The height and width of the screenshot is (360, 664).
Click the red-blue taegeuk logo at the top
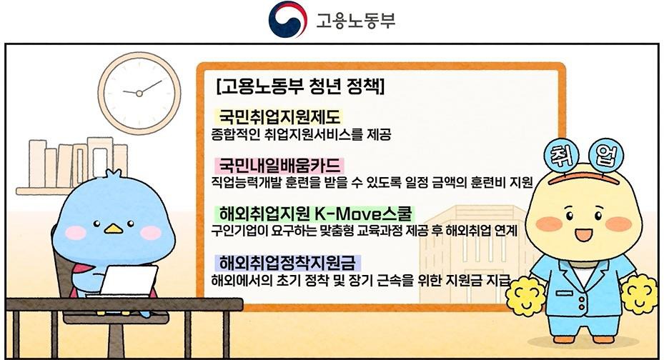click(287, 19)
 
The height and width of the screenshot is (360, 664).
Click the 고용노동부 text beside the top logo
click(356, 20)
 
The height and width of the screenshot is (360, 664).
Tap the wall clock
click(139, 93)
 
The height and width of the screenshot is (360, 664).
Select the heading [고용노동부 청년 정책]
click(299, 86)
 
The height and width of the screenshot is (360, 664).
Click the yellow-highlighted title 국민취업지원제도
click(279, 116)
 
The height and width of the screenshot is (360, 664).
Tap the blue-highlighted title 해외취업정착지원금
click(287, 263)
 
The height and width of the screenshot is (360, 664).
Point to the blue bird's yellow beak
click(114, 229)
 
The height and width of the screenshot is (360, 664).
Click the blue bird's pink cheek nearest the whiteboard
click(151, 232)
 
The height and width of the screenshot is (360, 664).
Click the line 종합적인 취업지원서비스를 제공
click(301, 134)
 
